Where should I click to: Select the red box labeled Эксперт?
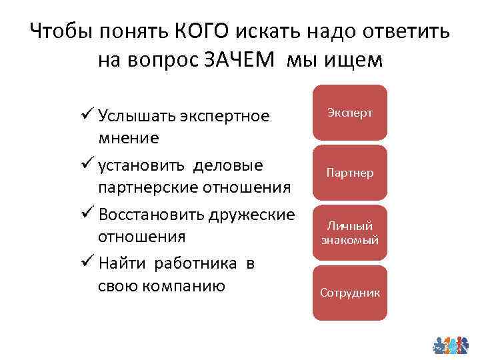click(x=350, y=113)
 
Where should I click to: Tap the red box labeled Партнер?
click(x=350, y=173)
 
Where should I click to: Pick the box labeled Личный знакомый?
click(x=350, y=233)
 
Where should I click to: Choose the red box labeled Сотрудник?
click(x=350, y=293)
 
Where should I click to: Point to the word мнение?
click(x=129, y=138)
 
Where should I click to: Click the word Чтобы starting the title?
click(x=61, y=31)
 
